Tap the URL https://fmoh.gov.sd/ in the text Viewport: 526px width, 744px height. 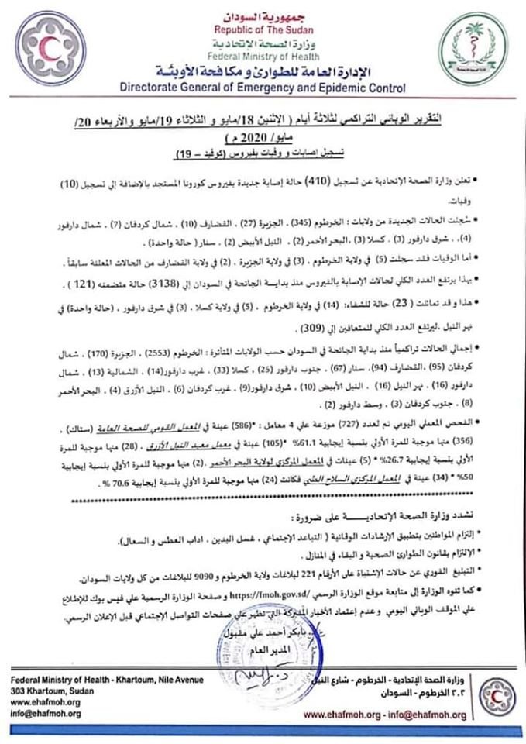[x=270, y=597]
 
